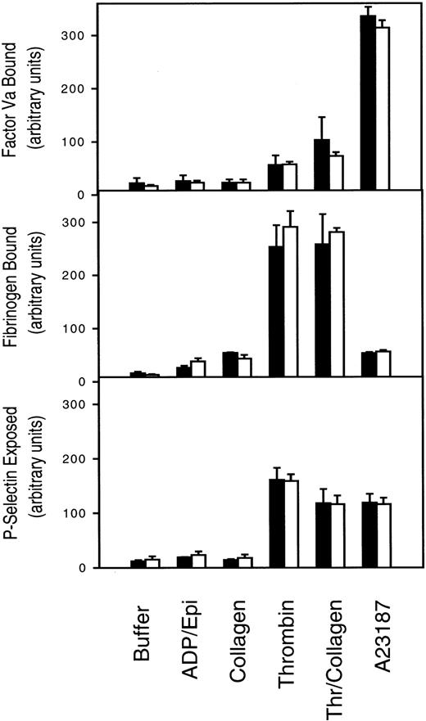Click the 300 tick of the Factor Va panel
(75, 35)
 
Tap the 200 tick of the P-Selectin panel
(75, 458)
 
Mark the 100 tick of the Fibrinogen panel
(75, 328)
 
